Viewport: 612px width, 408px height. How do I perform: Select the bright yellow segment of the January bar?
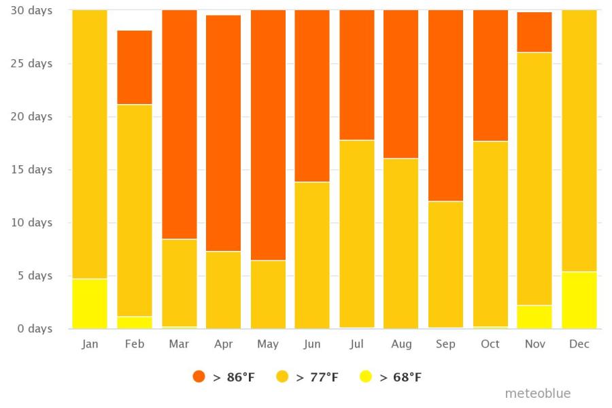click(x=90, y=303)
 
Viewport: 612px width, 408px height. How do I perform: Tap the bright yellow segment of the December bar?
click(x=579, y=300)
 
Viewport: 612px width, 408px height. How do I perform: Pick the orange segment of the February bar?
click(x=135, y=67)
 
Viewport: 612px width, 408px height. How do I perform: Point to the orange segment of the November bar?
click(x=534, y=32)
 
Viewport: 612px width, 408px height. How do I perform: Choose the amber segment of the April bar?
click(x=223, y=290)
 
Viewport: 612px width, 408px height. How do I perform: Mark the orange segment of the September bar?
click(x=445, y=105)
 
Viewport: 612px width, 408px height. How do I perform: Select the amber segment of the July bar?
click(x=357, y=233)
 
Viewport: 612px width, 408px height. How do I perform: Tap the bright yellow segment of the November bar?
click(x=534, y=317)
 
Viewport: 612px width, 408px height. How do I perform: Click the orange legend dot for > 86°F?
click(x=199, y=377)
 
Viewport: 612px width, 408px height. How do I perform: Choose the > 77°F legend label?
click(x=317, y=377)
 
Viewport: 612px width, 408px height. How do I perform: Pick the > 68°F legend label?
click(x=401, y=377)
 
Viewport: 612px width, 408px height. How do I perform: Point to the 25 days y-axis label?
click(x=31, y=64)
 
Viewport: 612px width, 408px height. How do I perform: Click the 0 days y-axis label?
click(x=31, y=329)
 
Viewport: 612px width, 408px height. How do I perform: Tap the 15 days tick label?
click(x=31, y=170)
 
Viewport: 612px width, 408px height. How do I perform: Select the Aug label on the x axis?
click(x=401, y=344)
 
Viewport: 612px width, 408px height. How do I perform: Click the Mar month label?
click(x=179, y=344)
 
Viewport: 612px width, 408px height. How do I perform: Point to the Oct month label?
click(x=490, y=344)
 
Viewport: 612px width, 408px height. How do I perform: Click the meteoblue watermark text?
click(x=537, y=394)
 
